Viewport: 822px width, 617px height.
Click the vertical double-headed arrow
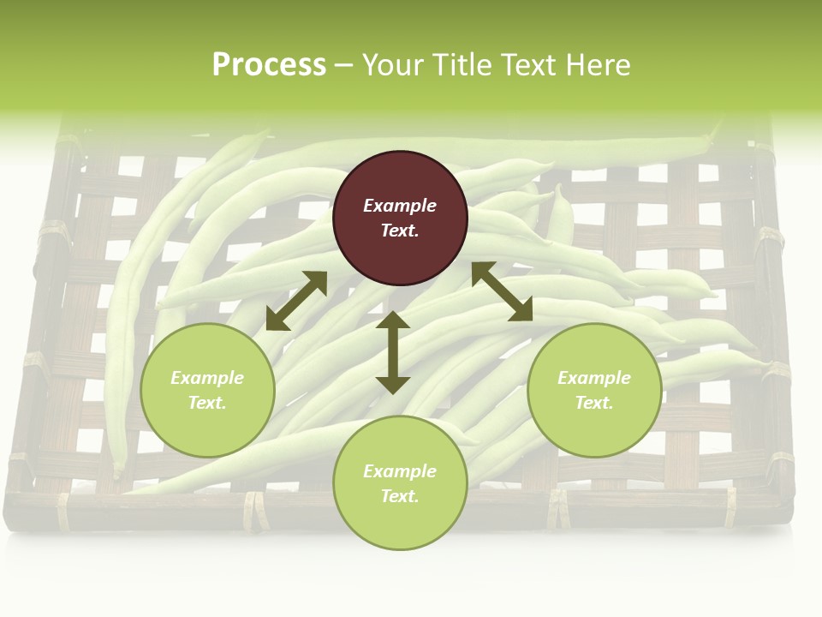(393, 352)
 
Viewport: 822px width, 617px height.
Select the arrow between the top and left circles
(296, 301)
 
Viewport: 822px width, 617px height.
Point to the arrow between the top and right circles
(502, 291)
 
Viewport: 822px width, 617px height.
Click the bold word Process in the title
(269, 65)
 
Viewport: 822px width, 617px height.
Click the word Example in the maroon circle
(400, 206)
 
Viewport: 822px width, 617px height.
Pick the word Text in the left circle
(207, 403)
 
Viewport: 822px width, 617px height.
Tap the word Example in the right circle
(594, 378)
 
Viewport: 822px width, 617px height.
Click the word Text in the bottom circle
(400, 496)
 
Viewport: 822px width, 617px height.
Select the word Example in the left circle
(207, 378)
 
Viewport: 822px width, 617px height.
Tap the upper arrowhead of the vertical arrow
(393, 320)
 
